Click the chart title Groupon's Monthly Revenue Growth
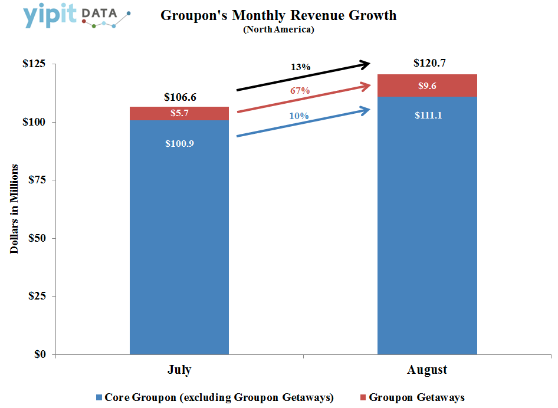click(x=278, y=16)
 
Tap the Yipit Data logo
click(x=77, y=17)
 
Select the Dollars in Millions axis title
click(x=15, y=209)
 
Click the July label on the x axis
click(x=179, y=370)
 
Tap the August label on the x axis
click(x=426, y=370)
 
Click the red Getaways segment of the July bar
click(x=179, y=113)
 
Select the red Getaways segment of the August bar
click(x=427, y=85)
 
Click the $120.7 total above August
click(x=427, y=63)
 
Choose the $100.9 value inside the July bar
click(x=179, y=144)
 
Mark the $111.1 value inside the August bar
click(x=427, y=116)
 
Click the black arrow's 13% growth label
click(x=300, y=67)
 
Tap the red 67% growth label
click(x=300, y=91)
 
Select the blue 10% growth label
click(x=298, y=116)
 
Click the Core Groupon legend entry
click(x=215, y=397)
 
